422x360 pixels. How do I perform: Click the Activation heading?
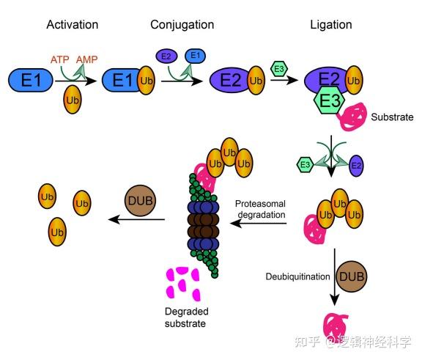click(x=72, y=25)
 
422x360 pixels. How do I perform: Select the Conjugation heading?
click(x=182, y=25)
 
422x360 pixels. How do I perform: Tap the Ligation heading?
click(x=330, y=25)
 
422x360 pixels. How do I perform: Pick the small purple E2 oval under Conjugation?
click(x=164, y=55)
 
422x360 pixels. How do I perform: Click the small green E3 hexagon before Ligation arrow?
click(x=278, y=68)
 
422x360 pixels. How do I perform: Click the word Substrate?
click(x=392, y=117)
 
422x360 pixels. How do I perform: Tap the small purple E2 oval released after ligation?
click(x=356, y=164)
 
